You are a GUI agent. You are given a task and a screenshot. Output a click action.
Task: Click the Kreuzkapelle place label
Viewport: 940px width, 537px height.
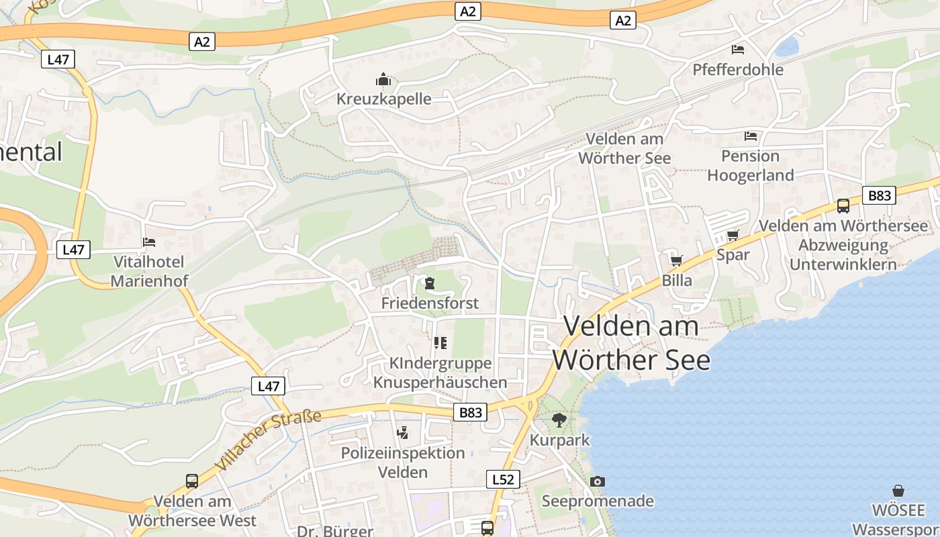click(x=383, y=99)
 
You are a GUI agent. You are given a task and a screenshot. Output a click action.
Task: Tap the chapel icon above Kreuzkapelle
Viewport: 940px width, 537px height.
click(x=383, y=80)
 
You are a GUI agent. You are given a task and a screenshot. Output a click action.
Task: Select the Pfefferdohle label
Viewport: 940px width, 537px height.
click(x=738, y=70)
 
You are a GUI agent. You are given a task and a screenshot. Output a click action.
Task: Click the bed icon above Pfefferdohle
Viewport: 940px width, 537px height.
click(x=738, y=50)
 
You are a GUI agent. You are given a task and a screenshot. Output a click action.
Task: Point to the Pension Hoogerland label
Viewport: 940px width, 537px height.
click(x=750, y=166)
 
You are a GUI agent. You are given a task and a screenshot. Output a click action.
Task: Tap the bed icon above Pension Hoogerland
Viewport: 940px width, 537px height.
click(x=751, y=136)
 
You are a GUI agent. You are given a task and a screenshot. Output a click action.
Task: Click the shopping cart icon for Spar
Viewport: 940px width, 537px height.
click(x=733, y=236)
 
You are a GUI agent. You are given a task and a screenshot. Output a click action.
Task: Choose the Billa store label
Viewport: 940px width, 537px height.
click(x=677, y=281)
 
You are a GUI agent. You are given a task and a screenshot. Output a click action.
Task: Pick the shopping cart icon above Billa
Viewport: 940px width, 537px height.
click(x=676, y=260)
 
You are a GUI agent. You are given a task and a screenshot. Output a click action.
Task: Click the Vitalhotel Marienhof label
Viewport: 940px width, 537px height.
click(x=149, y=271)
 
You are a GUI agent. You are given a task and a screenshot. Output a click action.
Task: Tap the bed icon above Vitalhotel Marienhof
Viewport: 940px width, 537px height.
click(x=149, y=242)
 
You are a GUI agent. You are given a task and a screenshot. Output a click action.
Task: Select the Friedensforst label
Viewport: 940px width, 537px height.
click(x=430, y=303)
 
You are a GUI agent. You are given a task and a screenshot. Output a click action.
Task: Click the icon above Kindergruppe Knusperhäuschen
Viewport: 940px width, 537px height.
click(x=440, y=343)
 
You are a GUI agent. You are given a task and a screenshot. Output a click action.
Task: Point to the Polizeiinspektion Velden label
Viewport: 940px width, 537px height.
click(x=403, y=462)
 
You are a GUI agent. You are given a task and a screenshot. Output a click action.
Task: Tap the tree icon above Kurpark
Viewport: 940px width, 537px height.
click(x=559, y=421)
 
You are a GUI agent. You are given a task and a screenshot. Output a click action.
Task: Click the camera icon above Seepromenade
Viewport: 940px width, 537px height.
click(x=597, y=481)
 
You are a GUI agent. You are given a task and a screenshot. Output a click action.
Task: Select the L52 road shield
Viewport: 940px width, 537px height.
click(x=502, y=479)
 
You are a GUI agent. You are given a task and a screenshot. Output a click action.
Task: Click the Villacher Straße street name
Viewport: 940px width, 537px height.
click(x=269, y=440)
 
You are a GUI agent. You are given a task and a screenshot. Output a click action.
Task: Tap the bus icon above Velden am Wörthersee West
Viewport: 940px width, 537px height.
click(x=192, y=481)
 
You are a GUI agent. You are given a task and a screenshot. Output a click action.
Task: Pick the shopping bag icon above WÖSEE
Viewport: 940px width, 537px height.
click(x=898, y=491)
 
